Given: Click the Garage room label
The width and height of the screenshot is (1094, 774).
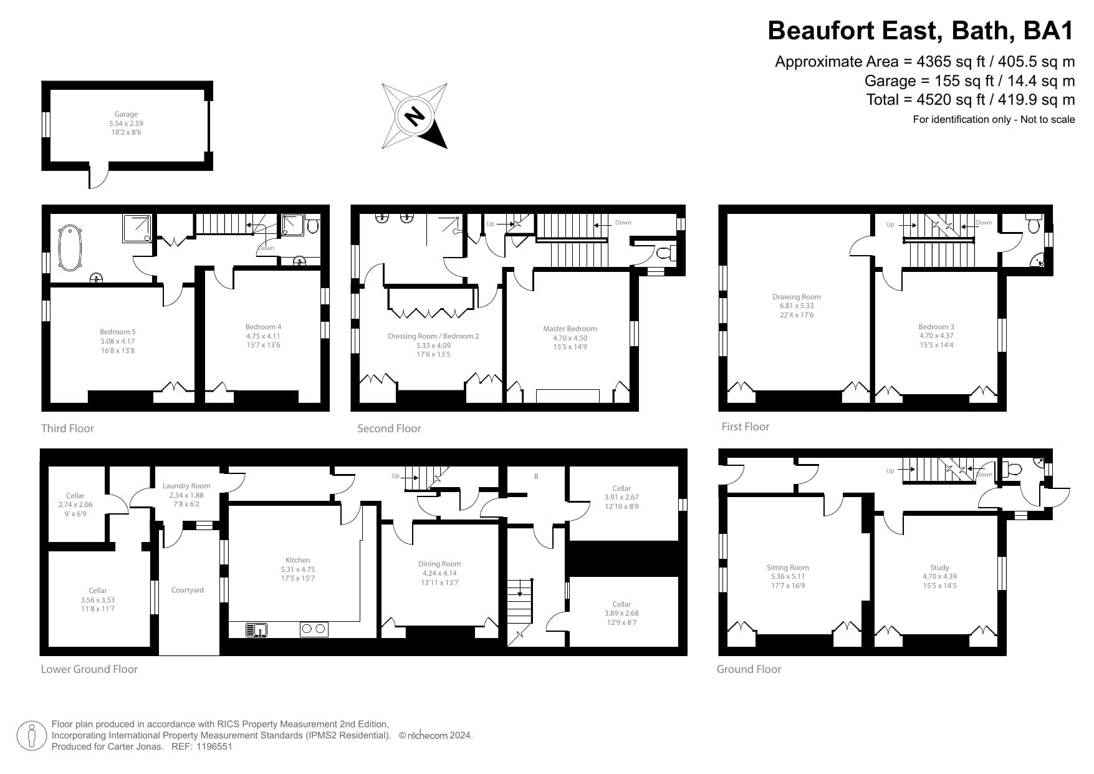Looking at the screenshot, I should pos(126,115).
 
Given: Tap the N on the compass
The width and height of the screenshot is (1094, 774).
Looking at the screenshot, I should pos(413,117).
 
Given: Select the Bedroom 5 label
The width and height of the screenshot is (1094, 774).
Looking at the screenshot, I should pos(117,332).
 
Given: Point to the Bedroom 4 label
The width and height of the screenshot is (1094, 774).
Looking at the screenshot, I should pos(263,327).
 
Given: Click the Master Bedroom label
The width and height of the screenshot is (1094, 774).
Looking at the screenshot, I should pos(570,329).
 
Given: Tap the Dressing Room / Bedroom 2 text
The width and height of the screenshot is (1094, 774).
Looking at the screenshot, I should pos(433,337).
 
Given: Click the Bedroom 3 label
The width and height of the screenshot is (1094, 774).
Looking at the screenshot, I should pos(936,327).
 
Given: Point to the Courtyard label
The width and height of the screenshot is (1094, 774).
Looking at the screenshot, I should pos(188,590).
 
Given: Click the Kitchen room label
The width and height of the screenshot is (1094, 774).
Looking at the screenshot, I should pos(297,561).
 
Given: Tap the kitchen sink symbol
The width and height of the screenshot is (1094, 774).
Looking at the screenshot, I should pos(256,630).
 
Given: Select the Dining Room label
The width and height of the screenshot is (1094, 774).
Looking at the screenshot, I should pos(439,564).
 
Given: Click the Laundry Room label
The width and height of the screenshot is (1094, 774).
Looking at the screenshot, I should pos(186,486).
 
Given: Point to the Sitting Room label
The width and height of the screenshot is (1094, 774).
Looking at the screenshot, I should pos(787,568).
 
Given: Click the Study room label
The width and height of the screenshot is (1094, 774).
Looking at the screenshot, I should pos(939,568).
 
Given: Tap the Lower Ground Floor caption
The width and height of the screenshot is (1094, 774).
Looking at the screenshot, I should pos(89,669).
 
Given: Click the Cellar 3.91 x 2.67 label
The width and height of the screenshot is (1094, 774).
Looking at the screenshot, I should pos(621,489).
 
